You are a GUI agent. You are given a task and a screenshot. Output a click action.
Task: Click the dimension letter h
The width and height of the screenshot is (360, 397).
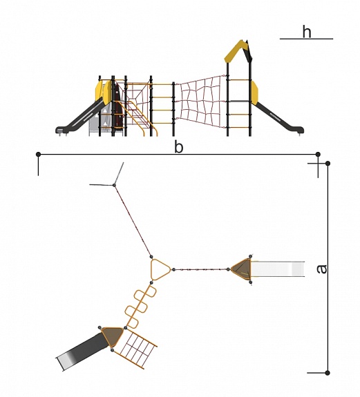pos(307,32)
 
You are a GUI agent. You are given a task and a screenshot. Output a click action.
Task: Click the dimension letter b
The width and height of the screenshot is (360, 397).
pos(178,147)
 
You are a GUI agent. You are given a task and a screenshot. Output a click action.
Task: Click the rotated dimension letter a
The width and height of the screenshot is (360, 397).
pos(322,269)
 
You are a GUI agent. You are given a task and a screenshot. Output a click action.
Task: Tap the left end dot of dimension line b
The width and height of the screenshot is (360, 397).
pos(38,154)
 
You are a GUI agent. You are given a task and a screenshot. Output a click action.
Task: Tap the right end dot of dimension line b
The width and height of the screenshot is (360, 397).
pos(319,154)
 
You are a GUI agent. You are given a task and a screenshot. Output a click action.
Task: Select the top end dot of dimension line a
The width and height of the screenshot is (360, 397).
pos(328,164)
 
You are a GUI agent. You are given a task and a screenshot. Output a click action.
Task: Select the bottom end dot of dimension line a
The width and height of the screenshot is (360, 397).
pos(328,373)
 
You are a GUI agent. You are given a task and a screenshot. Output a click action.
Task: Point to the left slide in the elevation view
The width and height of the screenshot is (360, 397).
pos(79,116)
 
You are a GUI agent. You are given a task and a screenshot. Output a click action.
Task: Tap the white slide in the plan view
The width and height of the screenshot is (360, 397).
pos(278,269)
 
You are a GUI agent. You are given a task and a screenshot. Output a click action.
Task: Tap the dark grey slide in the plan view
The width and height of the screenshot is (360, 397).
pos(82,351)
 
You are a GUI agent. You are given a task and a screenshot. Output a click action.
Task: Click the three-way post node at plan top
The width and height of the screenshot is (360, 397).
pos(114,185)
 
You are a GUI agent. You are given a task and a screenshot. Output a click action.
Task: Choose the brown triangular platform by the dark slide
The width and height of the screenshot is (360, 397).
pos(112,336)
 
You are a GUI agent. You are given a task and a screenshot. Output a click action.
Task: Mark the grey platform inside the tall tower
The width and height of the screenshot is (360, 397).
pos(239,101)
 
